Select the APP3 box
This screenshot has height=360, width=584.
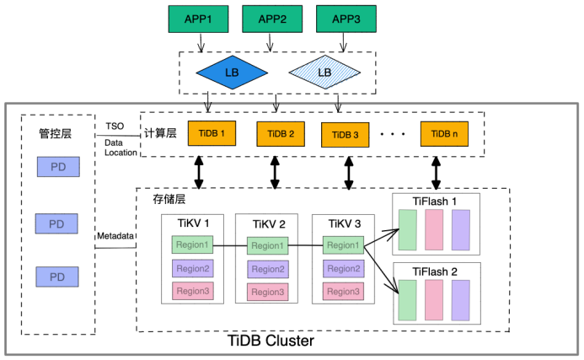pyautogui.click(x=345, y=18)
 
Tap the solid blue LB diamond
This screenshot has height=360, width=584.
pyautogui.click(x=231, y=73)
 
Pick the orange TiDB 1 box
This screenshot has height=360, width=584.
pyautogui.click(x=212, y=134)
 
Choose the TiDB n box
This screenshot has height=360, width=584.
pyautogui.click(x=444, y=134)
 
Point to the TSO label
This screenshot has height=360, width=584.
pyautogui.click(x=115, y=126)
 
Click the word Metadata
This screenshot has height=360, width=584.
pyautogui.click(x=115, y=236)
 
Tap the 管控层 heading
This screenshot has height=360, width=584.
pyautogui.click(x=56, y=132)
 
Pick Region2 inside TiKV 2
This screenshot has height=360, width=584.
pyautogui.click(x=268, y=268)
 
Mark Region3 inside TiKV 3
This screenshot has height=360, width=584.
pyautogui.click(x=343, y=291)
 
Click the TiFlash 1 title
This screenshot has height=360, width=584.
pyautogui.click(x=435, y=201)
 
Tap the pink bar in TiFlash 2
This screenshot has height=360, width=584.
pyautogui.click(x=434, y=298)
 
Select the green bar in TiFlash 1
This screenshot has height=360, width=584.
pyautogui.click(x=408, y=229)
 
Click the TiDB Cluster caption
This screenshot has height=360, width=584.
pyautogui.click(x=271, y=341)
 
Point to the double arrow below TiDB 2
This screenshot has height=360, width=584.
pyautogui.click(x=275, y=172)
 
